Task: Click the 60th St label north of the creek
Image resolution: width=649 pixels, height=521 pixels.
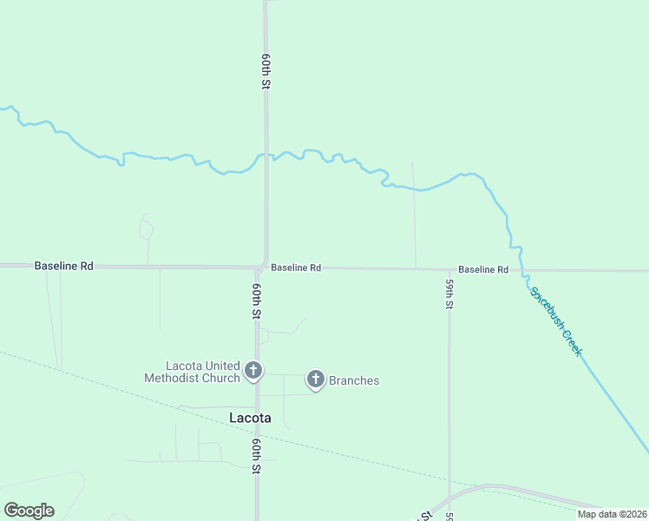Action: pos(266,73)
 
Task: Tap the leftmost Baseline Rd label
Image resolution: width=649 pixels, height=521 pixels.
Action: pos(63,266)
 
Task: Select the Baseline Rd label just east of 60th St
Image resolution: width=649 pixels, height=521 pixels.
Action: pos(296,268)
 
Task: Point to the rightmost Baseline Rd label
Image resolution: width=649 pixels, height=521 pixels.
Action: pos(483,270)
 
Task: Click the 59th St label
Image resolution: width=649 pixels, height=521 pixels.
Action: pos(449,294)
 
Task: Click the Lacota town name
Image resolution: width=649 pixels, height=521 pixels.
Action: pos(250,418)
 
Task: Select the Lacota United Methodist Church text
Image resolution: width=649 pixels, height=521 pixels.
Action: pos(192,372)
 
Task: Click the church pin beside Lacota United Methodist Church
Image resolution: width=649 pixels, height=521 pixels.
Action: pos(253,371)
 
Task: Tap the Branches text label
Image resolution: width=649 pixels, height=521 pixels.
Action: pos(353,380)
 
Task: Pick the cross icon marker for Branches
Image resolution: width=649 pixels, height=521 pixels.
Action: pos(316,379)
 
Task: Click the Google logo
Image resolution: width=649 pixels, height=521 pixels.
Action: pos(29,511)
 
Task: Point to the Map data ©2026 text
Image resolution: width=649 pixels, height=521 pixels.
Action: pos(612,514)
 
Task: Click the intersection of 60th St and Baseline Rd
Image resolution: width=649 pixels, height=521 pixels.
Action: pos(263,267)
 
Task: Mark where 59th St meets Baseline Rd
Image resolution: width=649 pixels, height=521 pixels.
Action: pos(449,269)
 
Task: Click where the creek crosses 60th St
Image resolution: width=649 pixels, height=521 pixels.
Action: pos(265,156)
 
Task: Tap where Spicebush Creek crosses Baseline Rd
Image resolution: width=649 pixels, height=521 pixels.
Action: pos(524,270)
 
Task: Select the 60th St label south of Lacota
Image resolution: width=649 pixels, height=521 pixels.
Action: pos(257,455)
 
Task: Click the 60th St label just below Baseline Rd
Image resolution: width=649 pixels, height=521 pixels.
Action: pos(257,300)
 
